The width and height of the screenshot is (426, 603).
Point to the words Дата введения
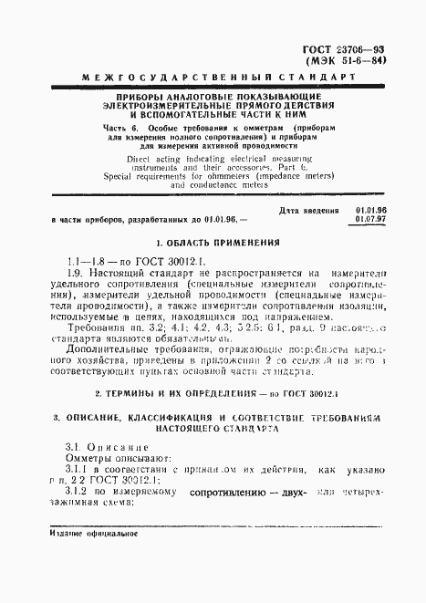[304, 211]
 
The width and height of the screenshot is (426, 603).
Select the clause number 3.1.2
[80, 492]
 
